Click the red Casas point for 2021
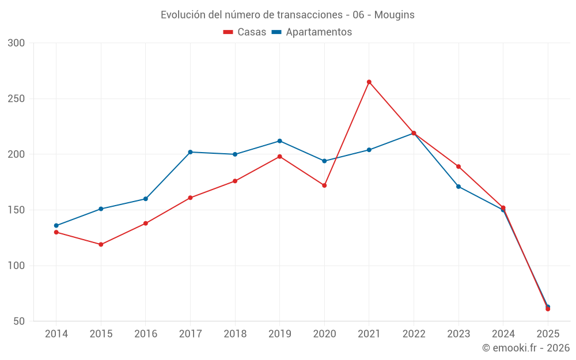[x=369, y=82]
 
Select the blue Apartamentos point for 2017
[x=190, y=152]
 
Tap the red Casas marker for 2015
[x=101, y=244]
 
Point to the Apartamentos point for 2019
[x=280, y=141]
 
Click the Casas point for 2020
[x=324, y=185]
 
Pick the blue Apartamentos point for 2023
[x=458, y=187]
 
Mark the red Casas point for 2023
[x=458, y=166]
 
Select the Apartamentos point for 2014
[x=56, y=226]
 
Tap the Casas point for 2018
[x=235, y=181]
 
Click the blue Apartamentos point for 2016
[x=146, y=199]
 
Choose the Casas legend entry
[x=245, y=32]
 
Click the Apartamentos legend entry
[x=312, y=32]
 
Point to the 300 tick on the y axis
[x=17, y=43]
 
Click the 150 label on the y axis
[x=17, y=210]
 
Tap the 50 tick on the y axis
[x=20, y=321]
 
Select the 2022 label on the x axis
[x=414, y=334]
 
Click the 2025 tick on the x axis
[x=548, y=334]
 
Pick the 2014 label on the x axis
[x=56, y=334]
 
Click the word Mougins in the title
[x=394, y=15]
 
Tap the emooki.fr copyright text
[x=526, y=348]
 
